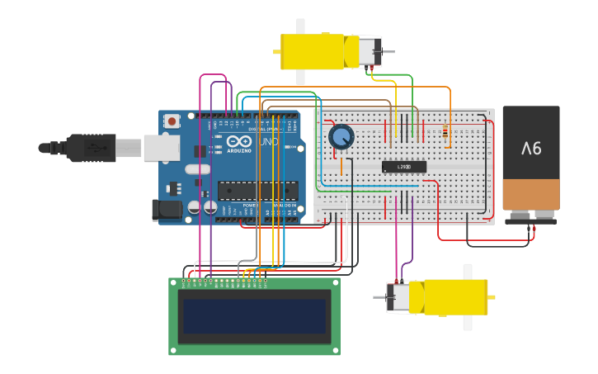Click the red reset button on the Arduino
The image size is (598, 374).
172,121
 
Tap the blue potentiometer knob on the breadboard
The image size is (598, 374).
340,137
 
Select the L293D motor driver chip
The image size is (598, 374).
403,167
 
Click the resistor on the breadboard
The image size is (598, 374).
446,131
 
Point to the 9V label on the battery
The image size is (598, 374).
531,149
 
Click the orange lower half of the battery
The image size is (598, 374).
531,195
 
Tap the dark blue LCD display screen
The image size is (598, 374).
254,316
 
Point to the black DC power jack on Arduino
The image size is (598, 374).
167,210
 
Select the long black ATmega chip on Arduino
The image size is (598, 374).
257,191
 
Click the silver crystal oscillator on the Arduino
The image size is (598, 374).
198,169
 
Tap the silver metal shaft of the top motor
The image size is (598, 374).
386,52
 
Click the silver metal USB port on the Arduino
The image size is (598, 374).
161,148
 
